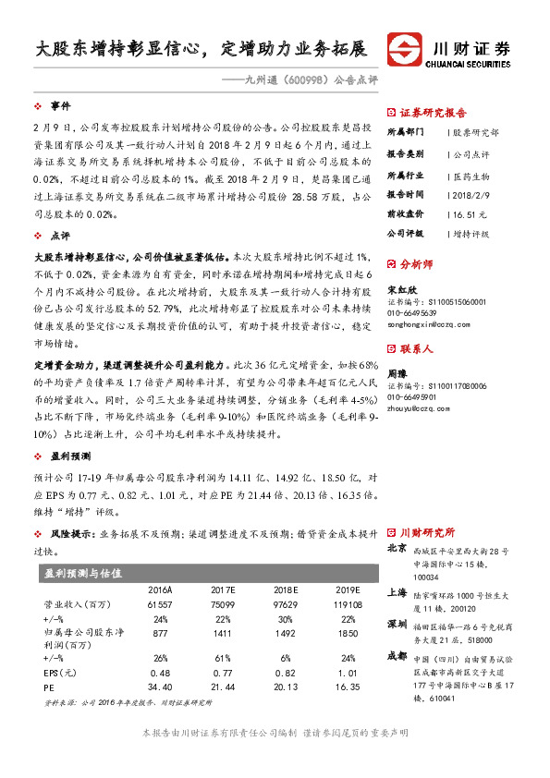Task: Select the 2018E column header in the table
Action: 285,590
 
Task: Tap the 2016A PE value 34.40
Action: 160,687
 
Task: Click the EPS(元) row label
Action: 62,674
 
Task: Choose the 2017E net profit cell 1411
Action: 223,633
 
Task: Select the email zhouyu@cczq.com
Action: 412,405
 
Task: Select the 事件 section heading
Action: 60,106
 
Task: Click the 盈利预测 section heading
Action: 70,456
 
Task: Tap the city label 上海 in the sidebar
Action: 397,592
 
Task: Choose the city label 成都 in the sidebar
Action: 397,655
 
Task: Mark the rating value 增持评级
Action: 472,234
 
